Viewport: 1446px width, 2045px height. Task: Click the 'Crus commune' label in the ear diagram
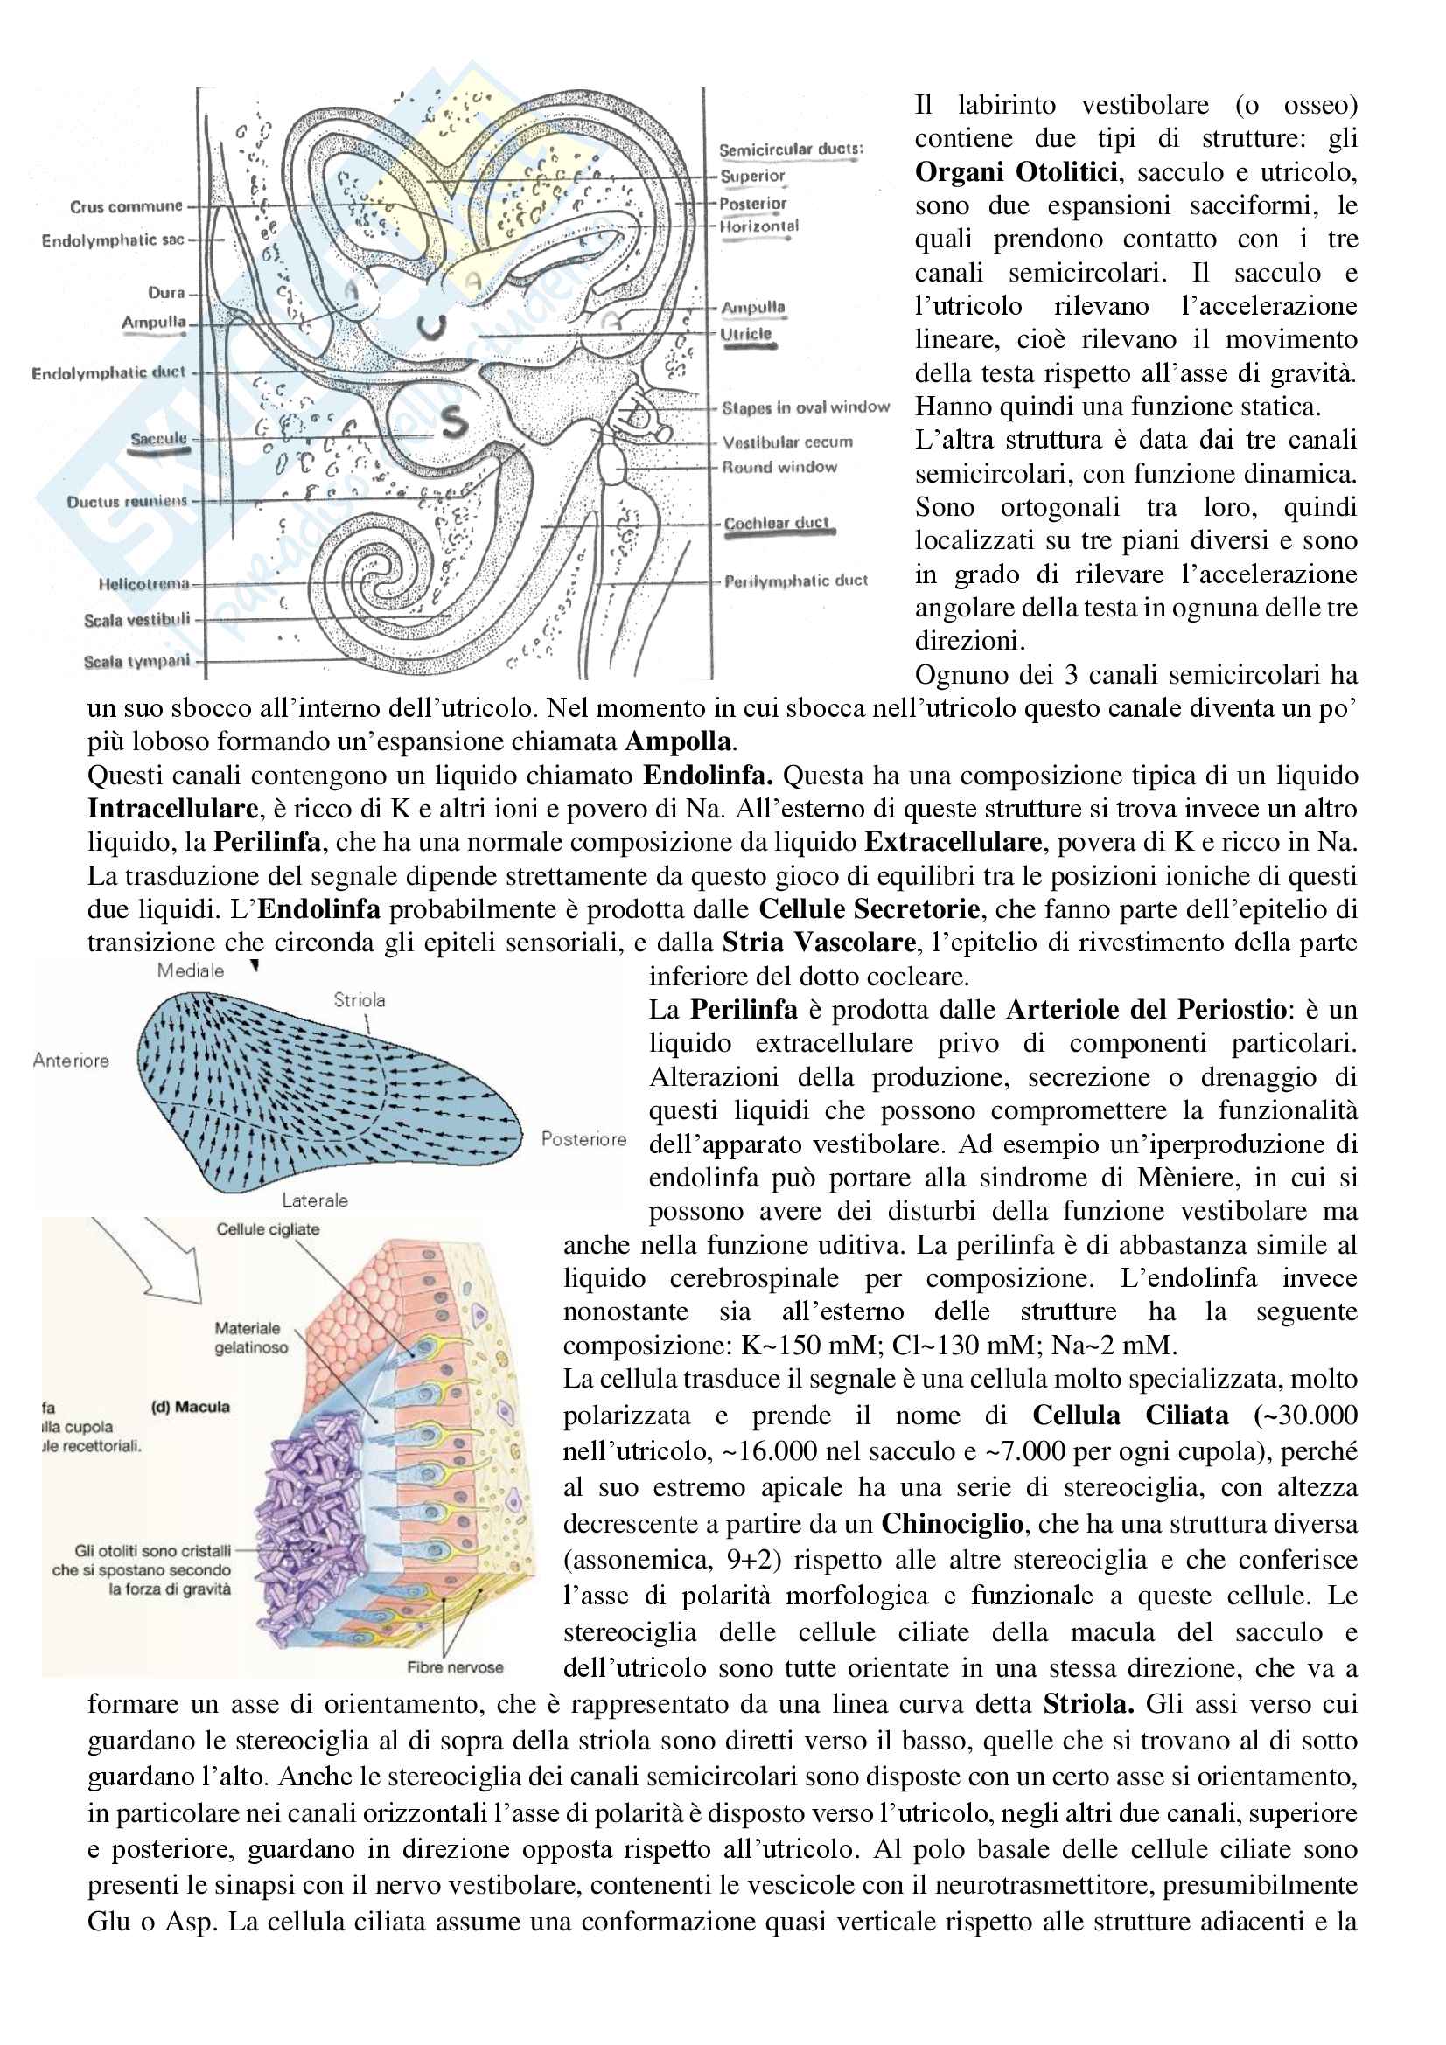tap(126, 206)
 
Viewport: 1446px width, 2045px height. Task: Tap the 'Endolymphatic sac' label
tap(113, 240)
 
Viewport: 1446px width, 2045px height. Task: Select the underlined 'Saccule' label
tap(158, 438)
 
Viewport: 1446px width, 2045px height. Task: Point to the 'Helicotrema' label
tap(143, 584)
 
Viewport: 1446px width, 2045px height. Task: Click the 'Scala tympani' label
tap(136, 661)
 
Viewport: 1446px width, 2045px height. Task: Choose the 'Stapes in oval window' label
tap(806, 408)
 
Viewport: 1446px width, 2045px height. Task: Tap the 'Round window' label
tap(779, 467)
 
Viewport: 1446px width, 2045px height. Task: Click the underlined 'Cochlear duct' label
tap(776, 523)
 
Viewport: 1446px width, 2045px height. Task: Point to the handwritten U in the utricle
tap(432, 328)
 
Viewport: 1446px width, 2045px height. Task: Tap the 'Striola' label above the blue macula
tap(359, 1000)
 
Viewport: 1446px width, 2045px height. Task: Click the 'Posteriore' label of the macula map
tap(583, 1139)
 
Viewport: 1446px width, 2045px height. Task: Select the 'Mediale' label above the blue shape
tap(191, 970)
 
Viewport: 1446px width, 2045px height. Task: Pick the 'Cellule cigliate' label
tap(268, 1229)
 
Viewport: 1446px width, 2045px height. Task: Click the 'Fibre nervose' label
tap(454, 1667)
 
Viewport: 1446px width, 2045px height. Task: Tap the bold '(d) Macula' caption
tap(190, 1408)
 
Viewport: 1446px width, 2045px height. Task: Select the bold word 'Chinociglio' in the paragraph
tap(952, 1523)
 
